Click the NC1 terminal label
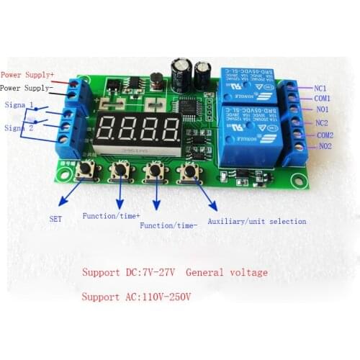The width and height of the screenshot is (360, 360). click(322, 88)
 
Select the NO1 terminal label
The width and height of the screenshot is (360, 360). click(322, 109)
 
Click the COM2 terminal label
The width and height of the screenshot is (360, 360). click(325, 135)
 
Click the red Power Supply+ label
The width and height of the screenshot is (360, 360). click(27, 74)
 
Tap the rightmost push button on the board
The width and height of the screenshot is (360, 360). click(190, 174)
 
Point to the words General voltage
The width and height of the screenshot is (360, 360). click(226, 273)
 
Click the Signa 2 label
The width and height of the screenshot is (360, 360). click(19, 127)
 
